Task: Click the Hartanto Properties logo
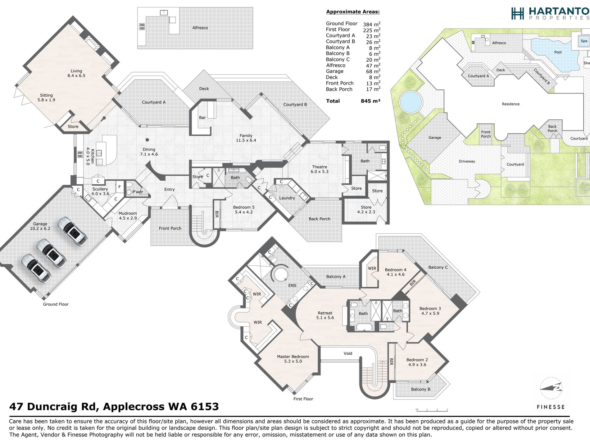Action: pos(550,13)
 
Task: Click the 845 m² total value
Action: pos(370,101)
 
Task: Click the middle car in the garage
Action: pos(51,253)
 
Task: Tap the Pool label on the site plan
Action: pos(558,52)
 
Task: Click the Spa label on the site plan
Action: pos(584,41)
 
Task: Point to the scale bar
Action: pos(432,410)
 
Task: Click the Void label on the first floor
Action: pos(348,353)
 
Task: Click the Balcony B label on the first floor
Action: pos(420,389)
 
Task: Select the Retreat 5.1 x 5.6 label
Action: pos(325,315)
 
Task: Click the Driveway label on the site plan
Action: pos(467,161)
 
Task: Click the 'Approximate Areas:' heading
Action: pos(353,12)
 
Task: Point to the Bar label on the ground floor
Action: pos(202,118)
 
